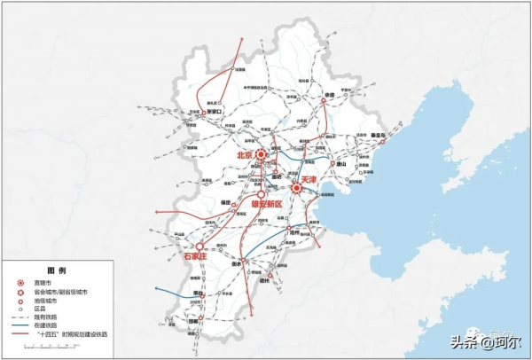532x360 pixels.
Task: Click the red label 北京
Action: coord(245,155)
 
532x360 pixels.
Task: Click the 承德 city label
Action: coord(330,94)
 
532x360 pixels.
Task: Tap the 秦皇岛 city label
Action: coord(378,135)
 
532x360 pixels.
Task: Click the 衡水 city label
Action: coord(237,263)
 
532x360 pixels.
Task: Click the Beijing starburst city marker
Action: coord(262,154)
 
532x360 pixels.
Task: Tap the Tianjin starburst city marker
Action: coord(296,187)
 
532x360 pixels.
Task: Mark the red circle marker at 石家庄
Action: coord(200,246)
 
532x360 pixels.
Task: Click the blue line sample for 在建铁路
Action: coord(23,326)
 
